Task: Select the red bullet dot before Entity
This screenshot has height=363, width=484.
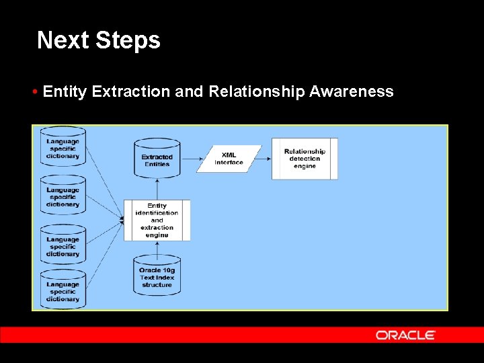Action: pyautogui.click(x=34, y=92)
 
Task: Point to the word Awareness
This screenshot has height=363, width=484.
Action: pyautogui.click(x=351, y=91)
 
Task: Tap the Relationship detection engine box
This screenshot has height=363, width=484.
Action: pyautogui.click(x=305, y=159)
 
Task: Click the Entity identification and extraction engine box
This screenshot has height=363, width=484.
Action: pyautogui.click(x=157, y=220)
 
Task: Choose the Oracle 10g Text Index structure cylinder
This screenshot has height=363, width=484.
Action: pyautogui.click(x=157, y=276)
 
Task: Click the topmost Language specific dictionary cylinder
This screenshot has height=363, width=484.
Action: pyautogui.click(x=63, y=148)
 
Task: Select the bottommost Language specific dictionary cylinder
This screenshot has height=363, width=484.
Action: pyautogui.click(x=63, y=290)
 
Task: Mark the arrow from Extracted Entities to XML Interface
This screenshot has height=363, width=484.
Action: pyautogui.click(x=191, y=159)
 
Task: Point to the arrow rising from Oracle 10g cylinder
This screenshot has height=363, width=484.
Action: pyautogui.click(x=157, y=248)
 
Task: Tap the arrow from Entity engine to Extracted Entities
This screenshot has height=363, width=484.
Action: pyautogui.click(x=157, y=189)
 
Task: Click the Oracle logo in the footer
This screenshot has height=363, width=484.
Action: pyautogui.click(x=405, y=335)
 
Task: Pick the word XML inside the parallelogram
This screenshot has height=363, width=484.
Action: pyautogui.click(x=229, y=155)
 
